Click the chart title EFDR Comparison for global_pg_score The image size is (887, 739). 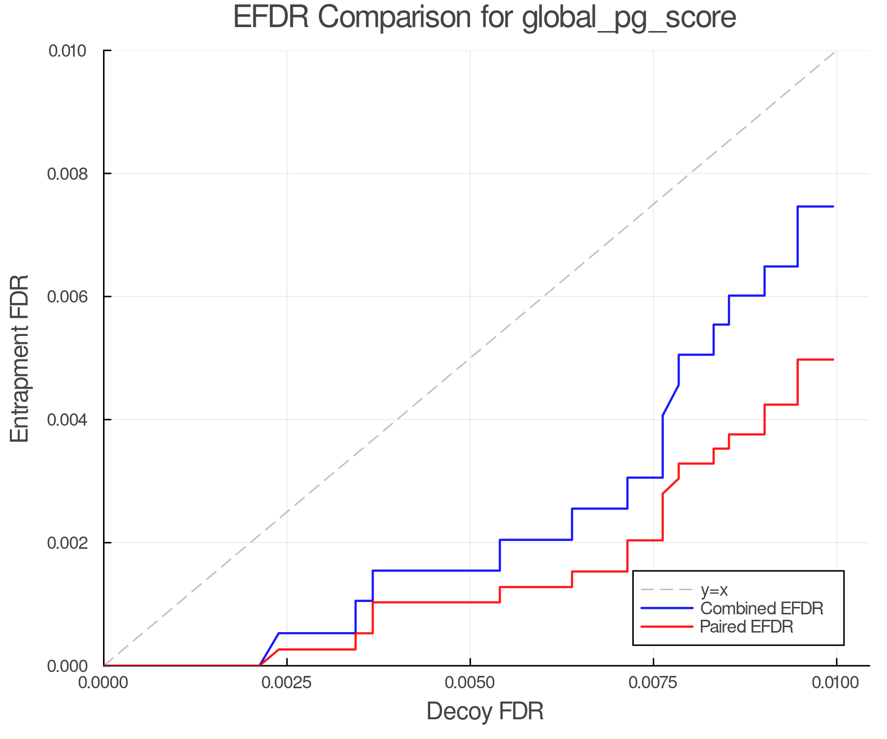484,17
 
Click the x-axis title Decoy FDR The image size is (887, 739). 484,711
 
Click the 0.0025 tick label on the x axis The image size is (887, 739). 287,683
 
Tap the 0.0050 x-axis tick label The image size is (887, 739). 470,683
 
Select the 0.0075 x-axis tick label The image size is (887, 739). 653,683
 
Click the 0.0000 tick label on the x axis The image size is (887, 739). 103,683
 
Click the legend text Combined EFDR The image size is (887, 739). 762,608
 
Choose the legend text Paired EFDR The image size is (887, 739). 747,627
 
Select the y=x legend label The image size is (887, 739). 714,590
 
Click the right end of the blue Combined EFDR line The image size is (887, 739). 833,206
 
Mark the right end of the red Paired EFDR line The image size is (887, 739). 833,360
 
